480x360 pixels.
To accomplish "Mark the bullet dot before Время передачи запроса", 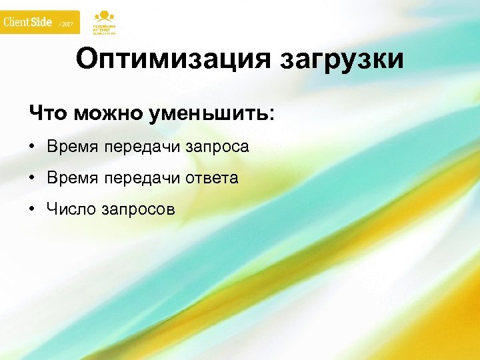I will point(33,147).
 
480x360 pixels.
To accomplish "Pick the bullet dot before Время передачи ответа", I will point(33,178).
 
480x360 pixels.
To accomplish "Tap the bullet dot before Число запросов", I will point(33,209).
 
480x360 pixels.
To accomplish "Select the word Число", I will point(71,209).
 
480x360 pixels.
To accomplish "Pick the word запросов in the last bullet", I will point(139,210).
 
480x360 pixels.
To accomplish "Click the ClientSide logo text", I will point(27,22).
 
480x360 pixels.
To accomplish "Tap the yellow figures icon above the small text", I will point(103,15).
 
